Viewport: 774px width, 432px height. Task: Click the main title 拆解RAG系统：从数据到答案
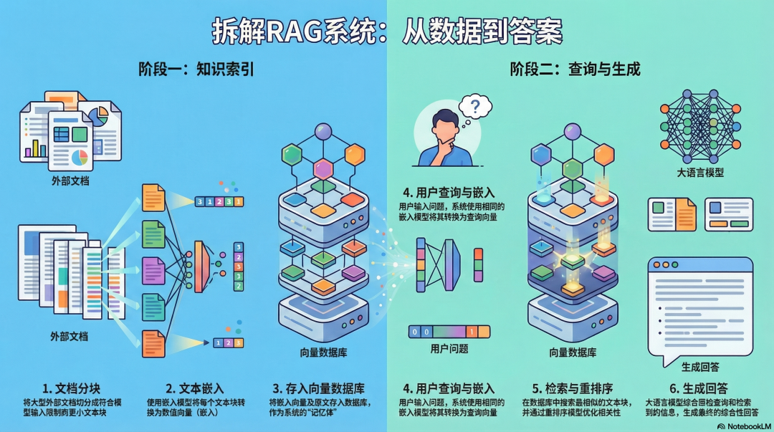(x=387, y=30)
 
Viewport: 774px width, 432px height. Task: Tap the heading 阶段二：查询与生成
(x=575, y=69)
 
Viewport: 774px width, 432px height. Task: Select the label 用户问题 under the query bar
(x=449, y=349)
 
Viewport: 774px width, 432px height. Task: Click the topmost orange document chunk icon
(x=153, y=198)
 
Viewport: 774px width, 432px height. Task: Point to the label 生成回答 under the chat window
(x=700, y=366)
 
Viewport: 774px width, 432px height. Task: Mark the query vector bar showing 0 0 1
(x=449, y=332)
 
